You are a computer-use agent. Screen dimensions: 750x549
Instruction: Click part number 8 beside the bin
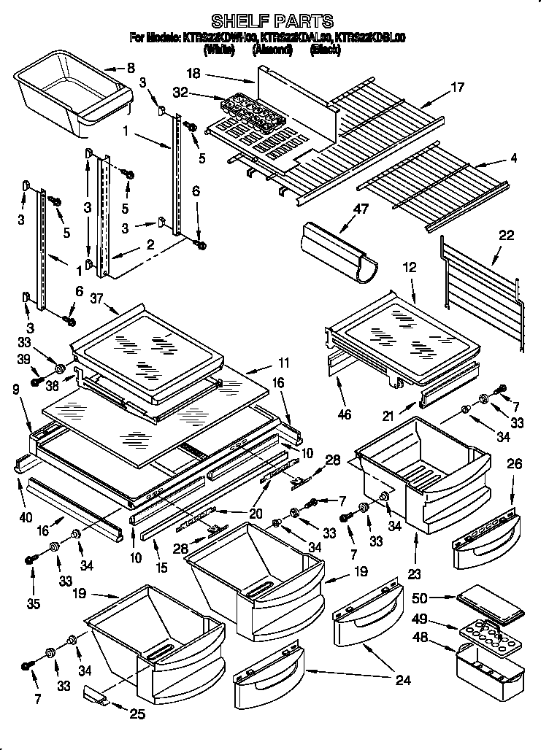pos(131,69)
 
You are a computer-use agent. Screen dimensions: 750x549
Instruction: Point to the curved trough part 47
pos(337,252)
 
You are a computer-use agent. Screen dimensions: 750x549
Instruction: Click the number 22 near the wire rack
pos(506,236)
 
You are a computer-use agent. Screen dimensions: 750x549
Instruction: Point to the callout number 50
pos(419,598)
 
